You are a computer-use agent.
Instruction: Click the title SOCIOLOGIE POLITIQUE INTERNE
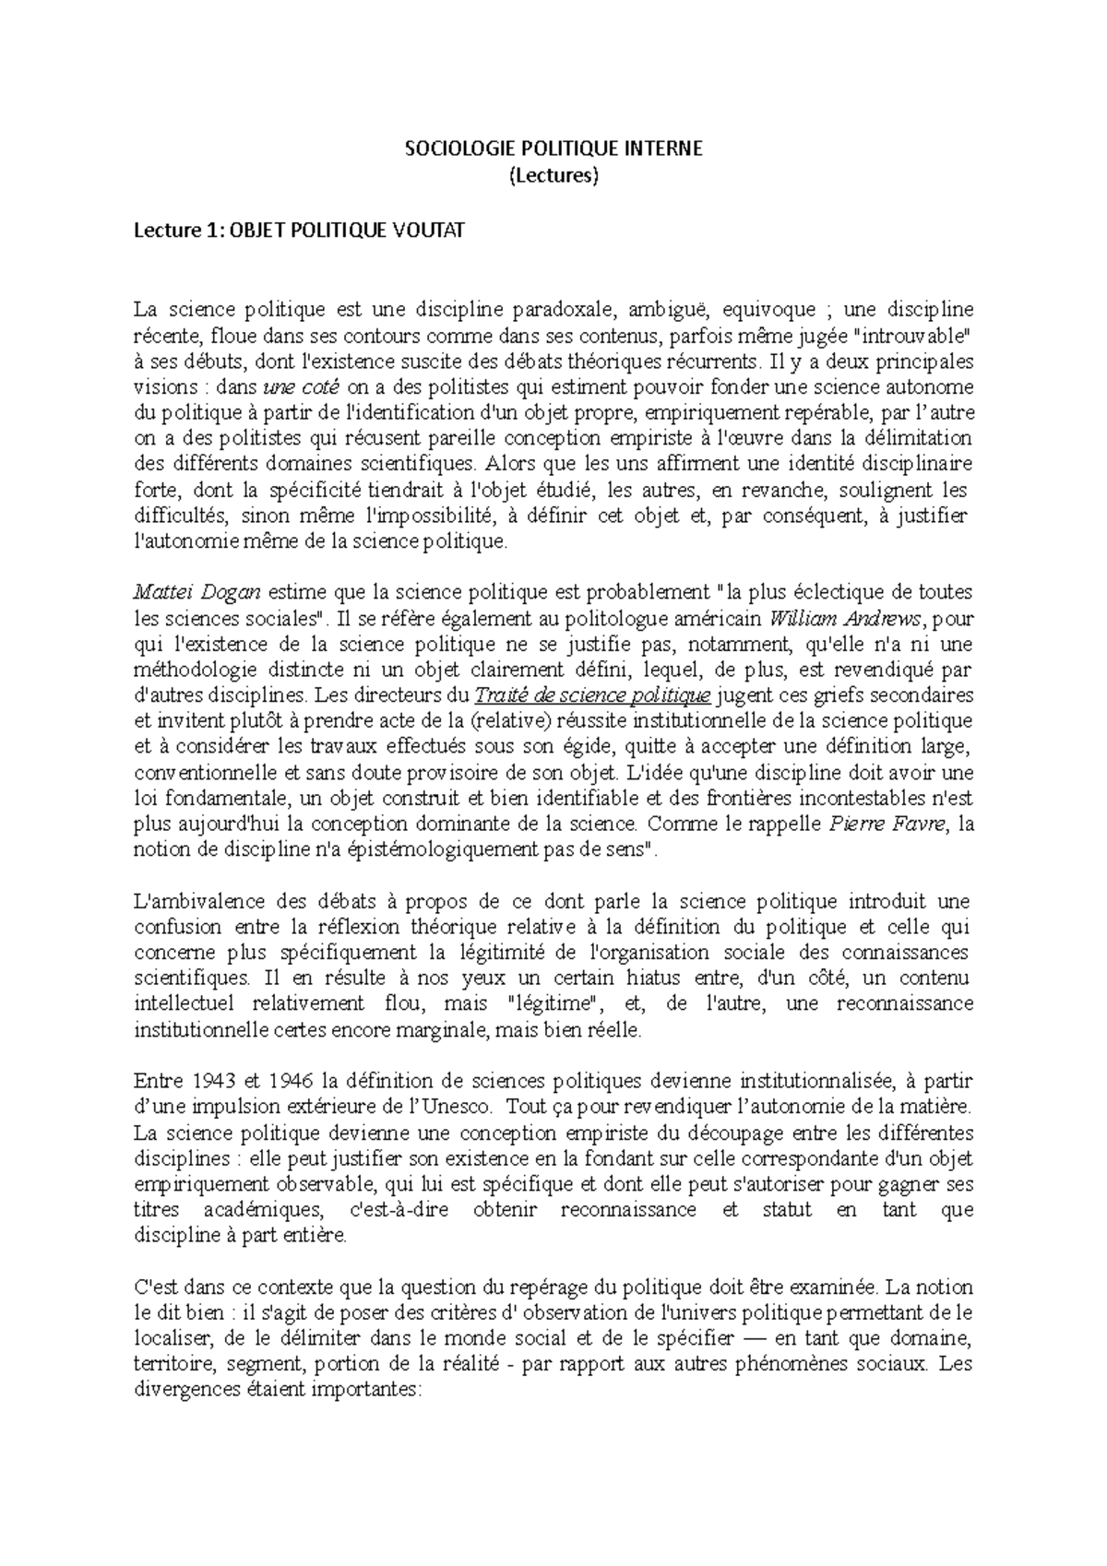tap(554, 148)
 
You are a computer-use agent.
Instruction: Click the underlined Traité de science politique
tap(591, 694)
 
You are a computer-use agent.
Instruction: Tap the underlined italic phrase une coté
tap(303, 386)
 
